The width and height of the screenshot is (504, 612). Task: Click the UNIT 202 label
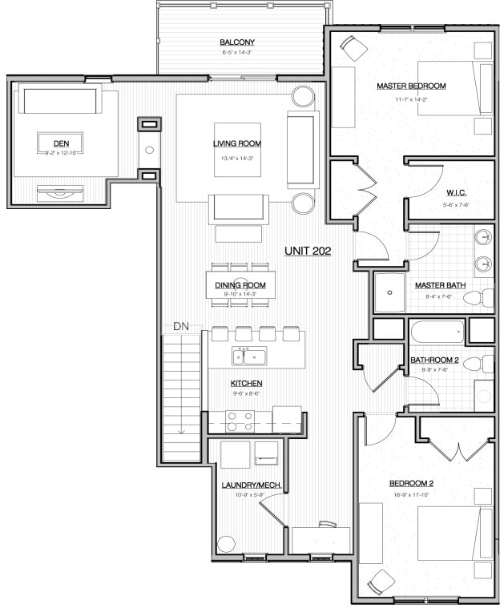308,251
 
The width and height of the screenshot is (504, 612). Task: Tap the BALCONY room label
238,42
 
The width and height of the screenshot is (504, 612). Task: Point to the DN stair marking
180,327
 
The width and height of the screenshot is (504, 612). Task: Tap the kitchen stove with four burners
240,421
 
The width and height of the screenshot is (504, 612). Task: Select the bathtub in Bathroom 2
437,331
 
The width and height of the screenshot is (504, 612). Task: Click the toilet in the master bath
478,298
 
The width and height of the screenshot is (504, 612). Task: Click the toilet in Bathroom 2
479,364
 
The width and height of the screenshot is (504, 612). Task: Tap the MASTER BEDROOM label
411,86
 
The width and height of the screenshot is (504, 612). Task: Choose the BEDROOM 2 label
411,483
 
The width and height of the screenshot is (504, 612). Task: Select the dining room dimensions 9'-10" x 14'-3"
240,294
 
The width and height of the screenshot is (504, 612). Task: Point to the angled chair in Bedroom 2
379,581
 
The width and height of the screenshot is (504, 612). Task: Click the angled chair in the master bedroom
349,48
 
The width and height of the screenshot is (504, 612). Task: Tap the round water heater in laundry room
227,543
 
